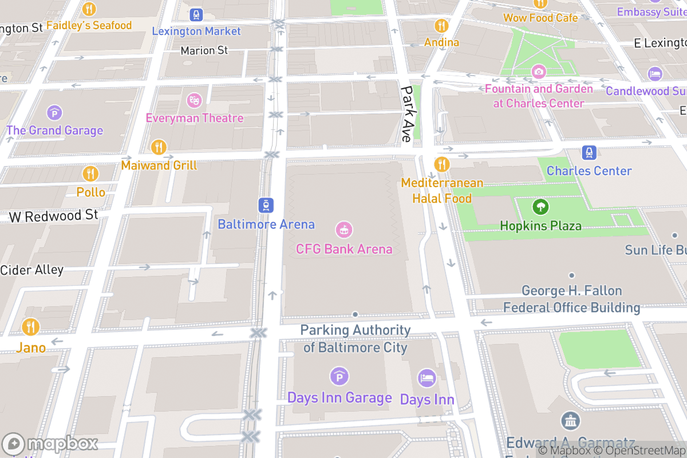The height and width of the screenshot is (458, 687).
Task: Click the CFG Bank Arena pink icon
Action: [x=344, y=230]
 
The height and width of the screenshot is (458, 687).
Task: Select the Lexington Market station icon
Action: [x=196, y=15]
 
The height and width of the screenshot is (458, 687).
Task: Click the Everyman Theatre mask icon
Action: [x=195, y=100]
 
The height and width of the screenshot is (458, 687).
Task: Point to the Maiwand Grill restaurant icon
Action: [x=159, y=147]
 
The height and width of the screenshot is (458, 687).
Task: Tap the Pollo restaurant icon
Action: [x=90, y=173]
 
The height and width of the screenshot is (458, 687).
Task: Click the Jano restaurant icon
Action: [x=30, y=327]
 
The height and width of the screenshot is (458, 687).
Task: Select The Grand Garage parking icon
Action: [x=54, y=112]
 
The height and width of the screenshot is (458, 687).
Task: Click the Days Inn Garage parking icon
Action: [x=339, y=376]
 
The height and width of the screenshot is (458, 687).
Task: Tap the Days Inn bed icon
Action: [x=427, y=378]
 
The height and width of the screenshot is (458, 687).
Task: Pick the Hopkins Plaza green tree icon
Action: [x=540, y=207]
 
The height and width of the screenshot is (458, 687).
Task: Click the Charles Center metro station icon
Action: [x=589, y=153]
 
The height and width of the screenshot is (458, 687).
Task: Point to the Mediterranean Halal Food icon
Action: [x=441, y=164]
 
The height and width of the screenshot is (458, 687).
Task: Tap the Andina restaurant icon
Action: [x=441, y=25]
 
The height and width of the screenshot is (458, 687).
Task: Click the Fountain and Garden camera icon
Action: [x=538, y=72]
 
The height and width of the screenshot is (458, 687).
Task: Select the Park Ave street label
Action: [x=406, y=114]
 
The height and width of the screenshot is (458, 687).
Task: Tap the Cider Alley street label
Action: [x=31, y=269]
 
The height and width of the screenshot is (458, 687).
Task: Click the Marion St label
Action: [x=204, y=50]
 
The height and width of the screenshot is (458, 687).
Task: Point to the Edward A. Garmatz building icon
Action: [x=570, y=421]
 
